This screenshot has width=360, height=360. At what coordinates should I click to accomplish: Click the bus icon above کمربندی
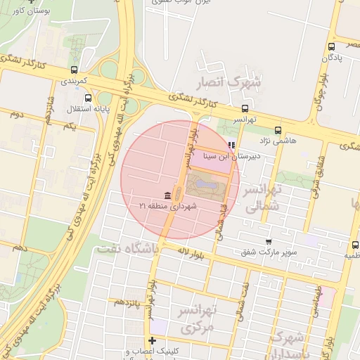[74, 70]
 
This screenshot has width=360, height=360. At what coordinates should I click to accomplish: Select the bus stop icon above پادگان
[331, 46]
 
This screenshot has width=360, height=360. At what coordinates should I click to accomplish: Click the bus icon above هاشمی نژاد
[277, 130]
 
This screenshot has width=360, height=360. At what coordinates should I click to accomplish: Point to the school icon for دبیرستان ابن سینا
[232, 145]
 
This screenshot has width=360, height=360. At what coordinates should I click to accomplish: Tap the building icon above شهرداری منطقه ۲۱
[167, 195]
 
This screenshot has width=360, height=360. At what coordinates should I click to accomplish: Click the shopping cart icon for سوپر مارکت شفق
[268, 241]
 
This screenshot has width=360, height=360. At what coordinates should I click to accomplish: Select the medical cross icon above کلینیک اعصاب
[153, 341]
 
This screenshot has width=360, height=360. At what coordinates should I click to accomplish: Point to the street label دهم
[20, 248]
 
